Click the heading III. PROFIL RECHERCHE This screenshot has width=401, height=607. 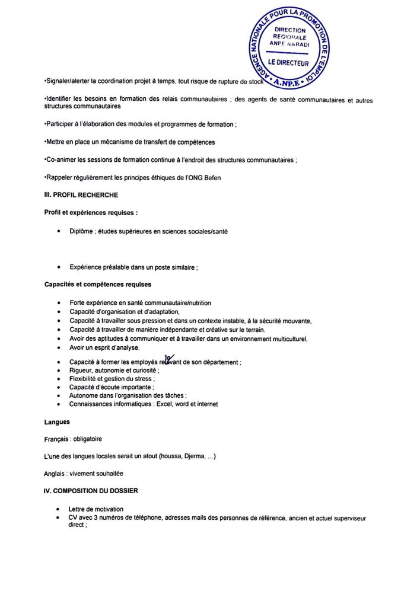coord(81,195)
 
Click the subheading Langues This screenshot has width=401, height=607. coord(57,422)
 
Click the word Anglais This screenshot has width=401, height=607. coord(55,473)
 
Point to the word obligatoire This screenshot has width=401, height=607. coord(91,439)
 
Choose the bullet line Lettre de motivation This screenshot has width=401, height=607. coord(96,509)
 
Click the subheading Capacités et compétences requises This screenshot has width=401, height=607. coord(97,284)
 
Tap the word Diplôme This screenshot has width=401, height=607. coord(82,232)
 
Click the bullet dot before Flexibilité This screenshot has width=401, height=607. coord(58,379)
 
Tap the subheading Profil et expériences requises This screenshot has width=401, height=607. coord(91,212)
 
